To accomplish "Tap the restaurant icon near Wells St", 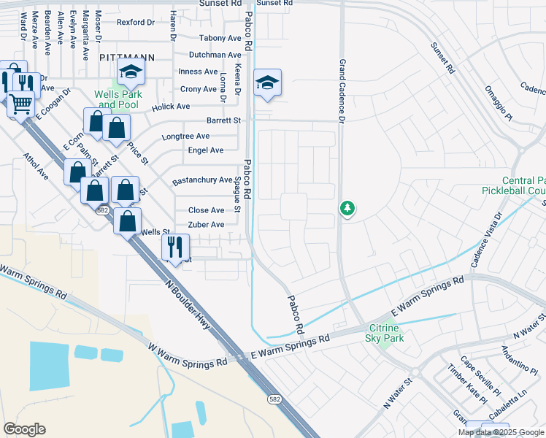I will pos(175,245).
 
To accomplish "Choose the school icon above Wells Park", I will pos(131,71).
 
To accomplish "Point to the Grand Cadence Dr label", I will pos(341,91).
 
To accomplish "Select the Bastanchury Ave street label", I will pos(201,181).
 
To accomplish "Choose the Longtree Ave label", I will pos(185,137).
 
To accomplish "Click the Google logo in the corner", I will pos(24,429).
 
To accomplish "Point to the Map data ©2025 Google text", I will pos(501,432).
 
